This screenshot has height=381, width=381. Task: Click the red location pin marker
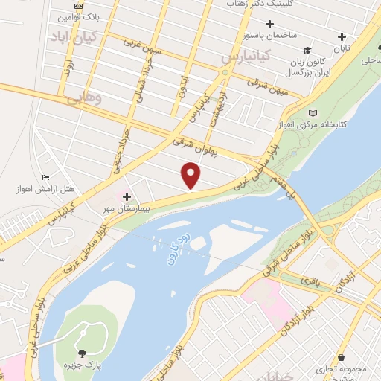191,176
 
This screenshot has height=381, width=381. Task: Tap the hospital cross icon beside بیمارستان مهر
127,196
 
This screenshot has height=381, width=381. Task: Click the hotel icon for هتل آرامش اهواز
46,177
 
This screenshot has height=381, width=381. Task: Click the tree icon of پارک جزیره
81,352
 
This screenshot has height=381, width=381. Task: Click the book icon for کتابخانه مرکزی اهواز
313,112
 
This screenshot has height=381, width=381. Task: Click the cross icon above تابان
342,36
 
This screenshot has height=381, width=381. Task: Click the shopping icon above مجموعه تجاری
341,358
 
